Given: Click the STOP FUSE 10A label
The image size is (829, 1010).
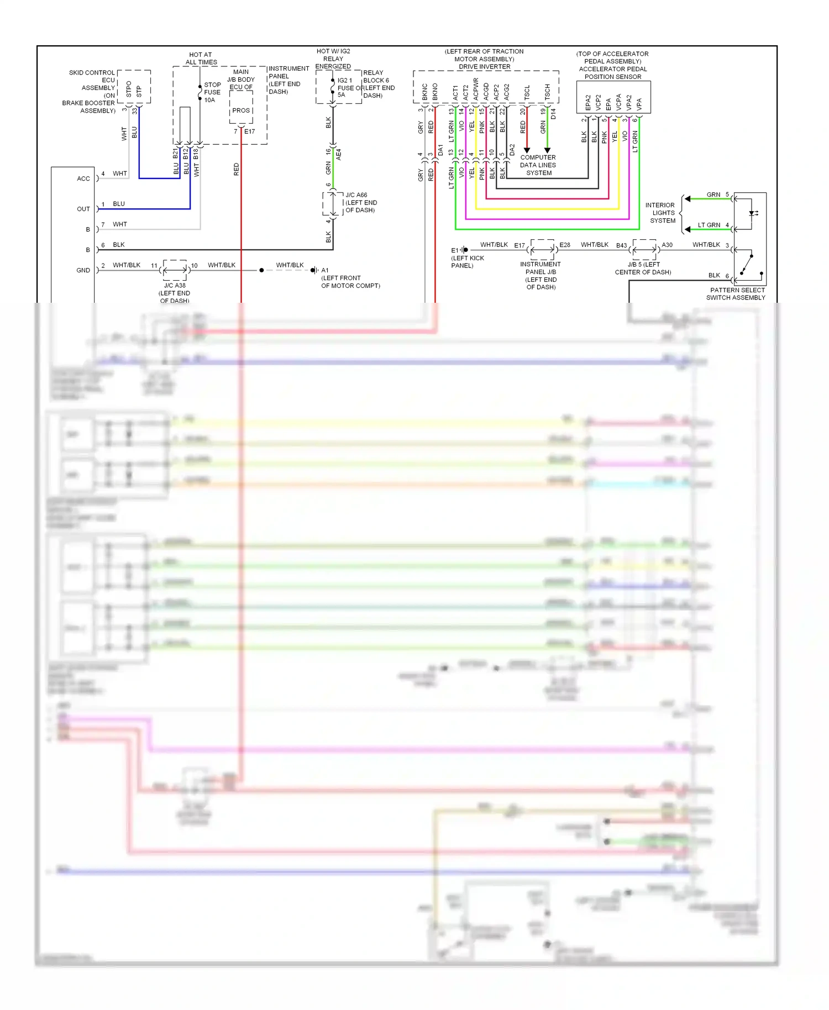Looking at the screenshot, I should [212, 92].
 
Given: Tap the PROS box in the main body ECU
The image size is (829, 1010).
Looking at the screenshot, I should [241, 111].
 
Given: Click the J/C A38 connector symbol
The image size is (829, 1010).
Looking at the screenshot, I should [175, 270].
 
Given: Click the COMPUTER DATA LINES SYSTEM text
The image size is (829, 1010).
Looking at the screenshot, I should [538, 165].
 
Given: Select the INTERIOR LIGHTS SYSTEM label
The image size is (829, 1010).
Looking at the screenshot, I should [662, 213].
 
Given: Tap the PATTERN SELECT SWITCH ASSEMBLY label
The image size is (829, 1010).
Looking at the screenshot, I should [737, 294].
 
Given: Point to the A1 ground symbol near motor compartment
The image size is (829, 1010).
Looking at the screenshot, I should [314, 270].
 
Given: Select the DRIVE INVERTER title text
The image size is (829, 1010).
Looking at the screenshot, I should [484, 67].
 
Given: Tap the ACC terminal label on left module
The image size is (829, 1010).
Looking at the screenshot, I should [83, 178].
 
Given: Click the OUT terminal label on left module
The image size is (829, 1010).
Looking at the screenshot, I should [83, 209].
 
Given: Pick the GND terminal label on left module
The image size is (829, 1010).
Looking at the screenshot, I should [83, 270].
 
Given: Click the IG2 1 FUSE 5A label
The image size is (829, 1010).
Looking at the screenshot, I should [345, 87].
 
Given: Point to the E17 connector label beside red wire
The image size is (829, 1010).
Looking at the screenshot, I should [250, 131].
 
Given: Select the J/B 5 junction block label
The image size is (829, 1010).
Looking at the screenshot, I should [643, 268].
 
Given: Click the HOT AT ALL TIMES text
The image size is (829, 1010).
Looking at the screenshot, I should [201, 59].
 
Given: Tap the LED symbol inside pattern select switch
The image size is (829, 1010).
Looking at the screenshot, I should [753, 213].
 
